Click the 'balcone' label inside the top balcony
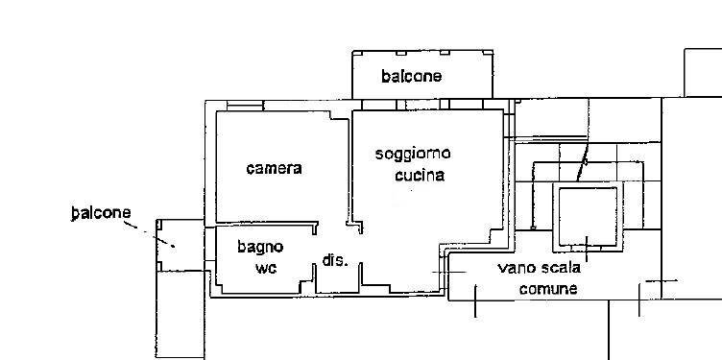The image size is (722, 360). (x=411, y=77)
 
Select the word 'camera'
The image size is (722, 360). (x=274, y=169)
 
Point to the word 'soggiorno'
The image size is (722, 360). (x=413, y=154)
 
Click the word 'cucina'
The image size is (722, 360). (x=420, y=176)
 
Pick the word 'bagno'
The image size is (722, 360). (x=260, y=247)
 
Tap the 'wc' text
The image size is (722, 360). (x=265, y=268)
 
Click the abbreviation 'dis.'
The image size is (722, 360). (x=334, y=260)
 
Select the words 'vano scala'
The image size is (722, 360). (x=539, y=268)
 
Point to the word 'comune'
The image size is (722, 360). (x=548, y=289)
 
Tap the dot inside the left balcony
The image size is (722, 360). (x=174, y=247)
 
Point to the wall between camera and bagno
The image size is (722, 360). (x=264, y=225)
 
